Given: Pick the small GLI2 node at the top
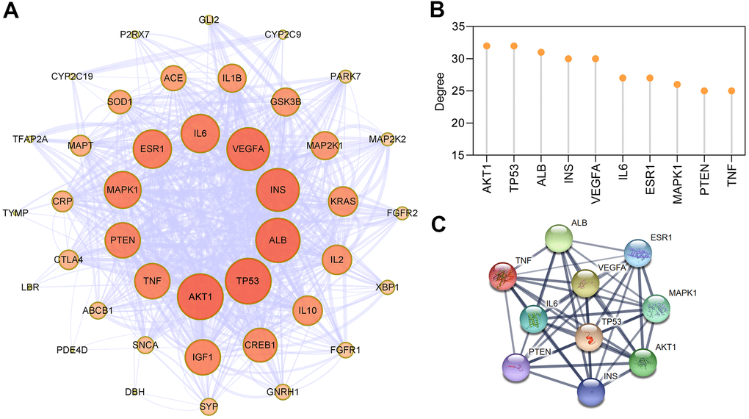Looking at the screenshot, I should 209,21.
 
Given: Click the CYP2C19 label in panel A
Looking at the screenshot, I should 72,76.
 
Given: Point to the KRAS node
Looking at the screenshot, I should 343,201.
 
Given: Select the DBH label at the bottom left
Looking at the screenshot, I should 134,392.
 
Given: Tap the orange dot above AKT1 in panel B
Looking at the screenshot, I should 486,46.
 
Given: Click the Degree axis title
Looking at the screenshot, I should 440,91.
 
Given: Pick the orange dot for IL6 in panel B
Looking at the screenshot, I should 622,78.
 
